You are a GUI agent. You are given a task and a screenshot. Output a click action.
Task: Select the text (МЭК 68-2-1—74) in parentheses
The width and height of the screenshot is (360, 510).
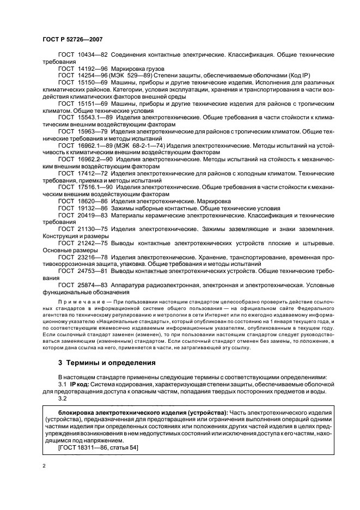pos(147,145)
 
